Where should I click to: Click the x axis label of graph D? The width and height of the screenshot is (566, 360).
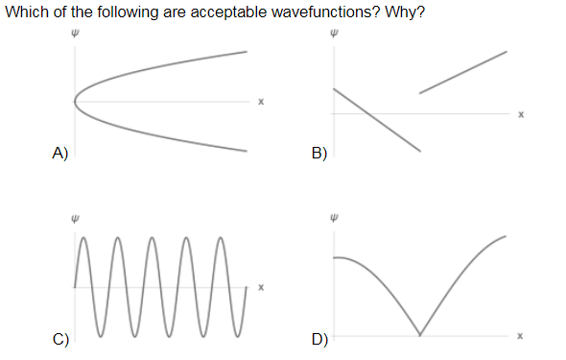click(520, 336)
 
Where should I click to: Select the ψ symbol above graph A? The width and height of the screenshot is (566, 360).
click(75, 30)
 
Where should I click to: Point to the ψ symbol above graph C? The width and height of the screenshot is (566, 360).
click(75, 217)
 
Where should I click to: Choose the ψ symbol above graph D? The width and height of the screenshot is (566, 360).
click(334, 217)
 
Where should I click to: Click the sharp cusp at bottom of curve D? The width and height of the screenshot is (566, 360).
click(419, 334)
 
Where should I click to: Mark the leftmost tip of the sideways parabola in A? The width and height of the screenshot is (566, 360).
click(76, 101)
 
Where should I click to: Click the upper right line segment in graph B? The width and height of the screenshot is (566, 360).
click(463, 72)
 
